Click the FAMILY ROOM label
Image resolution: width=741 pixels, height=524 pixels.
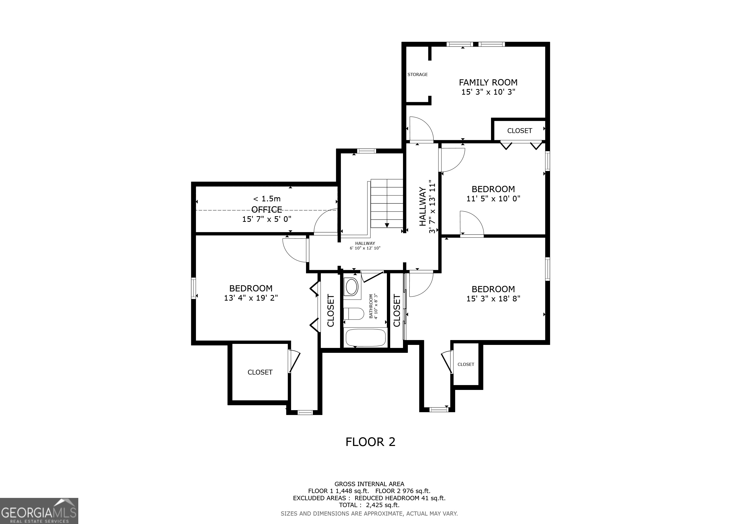coord(488,83)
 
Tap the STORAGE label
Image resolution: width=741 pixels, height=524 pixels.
coord(417,74)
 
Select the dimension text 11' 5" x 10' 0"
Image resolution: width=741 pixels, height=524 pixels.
coord(493,199)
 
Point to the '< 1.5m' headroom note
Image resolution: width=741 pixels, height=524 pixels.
coord(267,199)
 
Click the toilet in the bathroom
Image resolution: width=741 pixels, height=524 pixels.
coord(353,313)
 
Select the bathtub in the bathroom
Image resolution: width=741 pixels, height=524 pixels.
coord(366,337)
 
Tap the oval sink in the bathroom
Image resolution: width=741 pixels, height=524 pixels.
coord(352,286)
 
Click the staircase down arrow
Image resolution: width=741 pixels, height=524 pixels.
coord(387,225)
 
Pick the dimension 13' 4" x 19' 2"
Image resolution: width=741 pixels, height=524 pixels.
coord(251,298)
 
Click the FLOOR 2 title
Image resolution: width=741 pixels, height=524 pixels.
coord(370,442)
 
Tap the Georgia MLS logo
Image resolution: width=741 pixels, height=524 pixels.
coord(39,511)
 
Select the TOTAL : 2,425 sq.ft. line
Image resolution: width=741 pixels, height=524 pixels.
coord(369,505)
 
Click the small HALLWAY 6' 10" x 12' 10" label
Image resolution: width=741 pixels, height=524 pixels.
coord(365,246)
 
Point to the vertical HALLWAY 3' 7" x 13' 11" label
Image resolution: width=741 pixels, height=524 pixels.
coord(427,207)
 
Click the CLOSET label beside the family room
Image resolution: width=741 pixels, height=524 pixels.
coord(519,131)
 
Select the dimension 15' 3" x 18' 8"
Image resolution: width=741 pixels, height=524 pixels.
coord(493,299)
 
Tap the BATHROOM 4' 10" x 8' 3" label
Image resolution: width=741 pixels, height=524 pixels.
coord(373,306)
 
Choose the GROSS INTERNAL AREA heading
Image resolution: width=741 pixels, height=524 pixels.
coord(369,484)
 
